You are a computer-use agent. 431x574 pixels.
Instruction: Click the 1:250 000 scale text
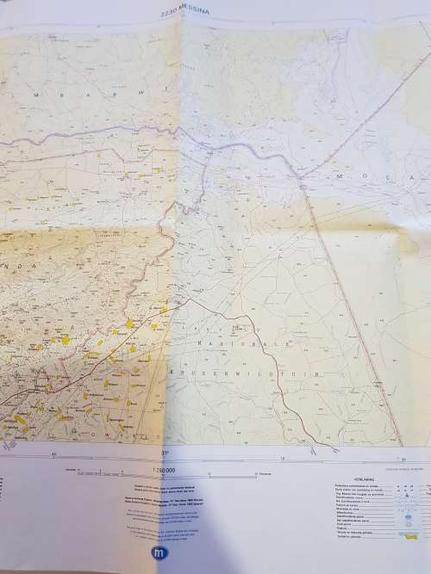coord(163,471)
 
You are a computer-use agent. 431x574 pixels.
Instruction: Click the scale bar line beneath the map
coord(164,476)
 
